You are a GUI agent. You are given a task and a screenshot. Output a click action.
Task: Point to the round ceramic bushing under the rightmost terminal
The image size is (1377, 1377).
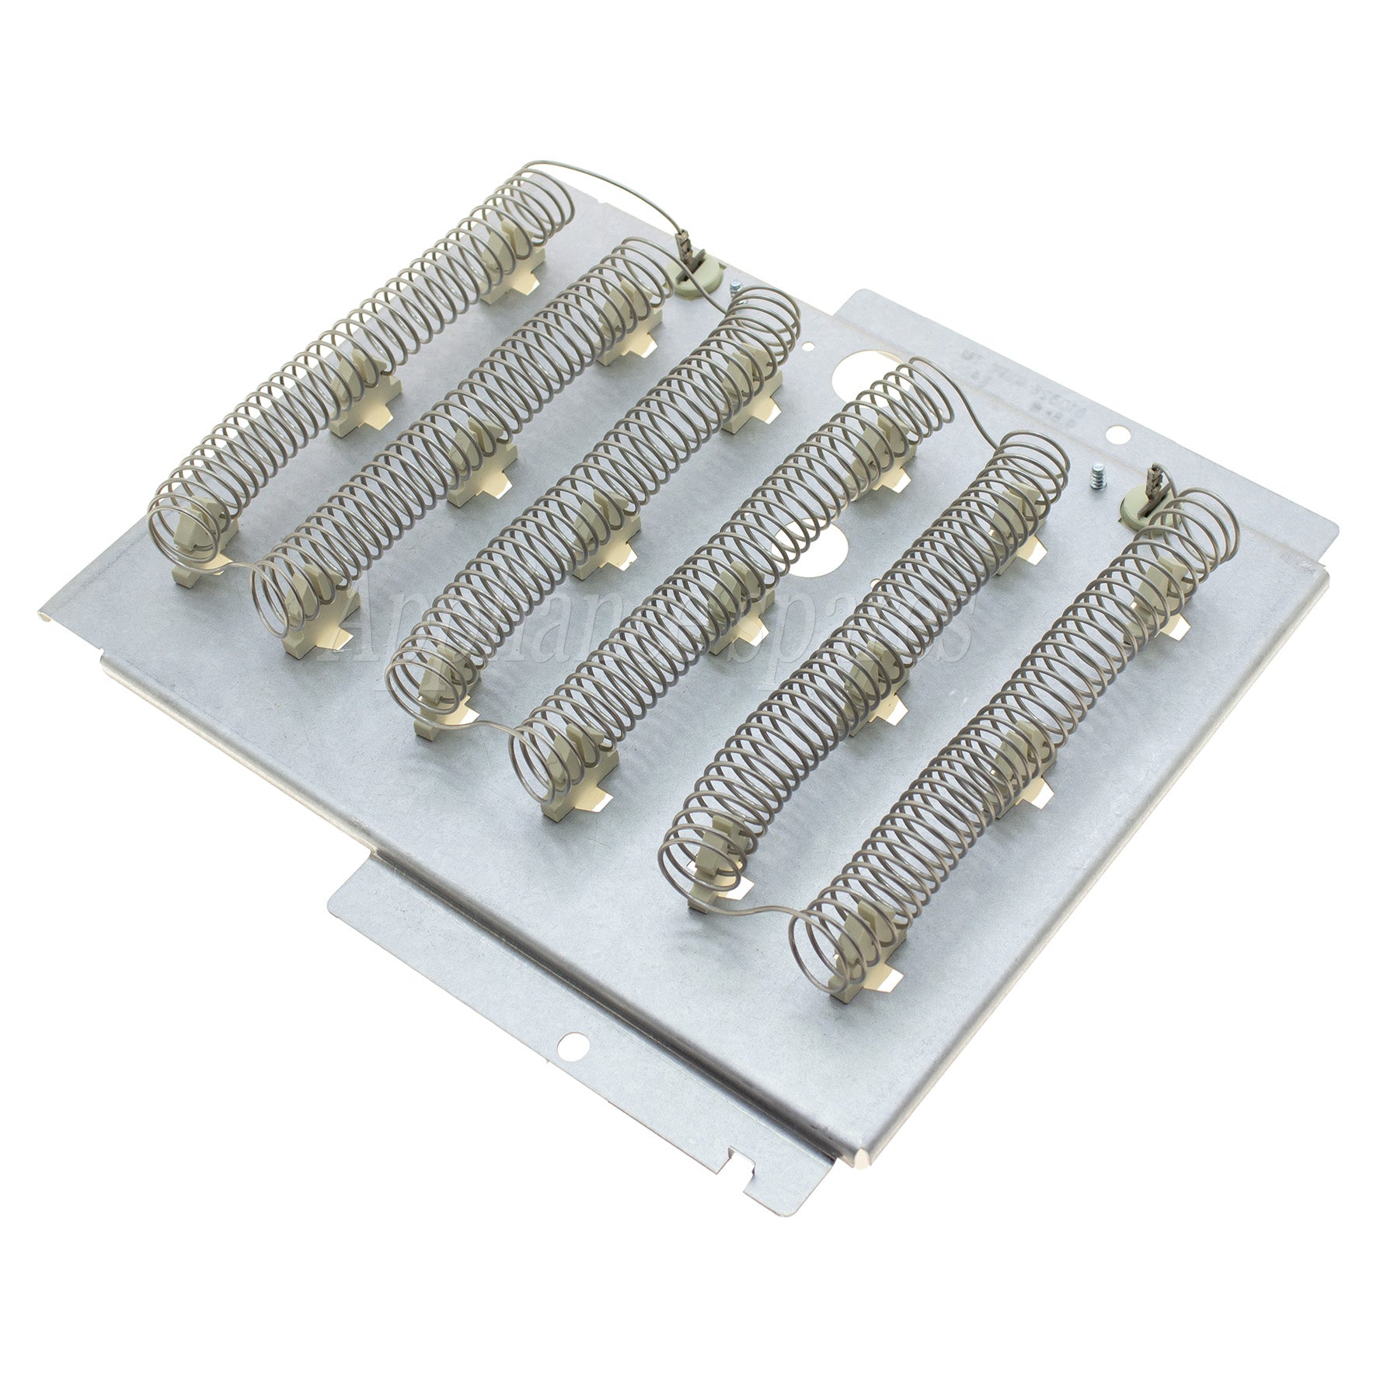pos(1135,511)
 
